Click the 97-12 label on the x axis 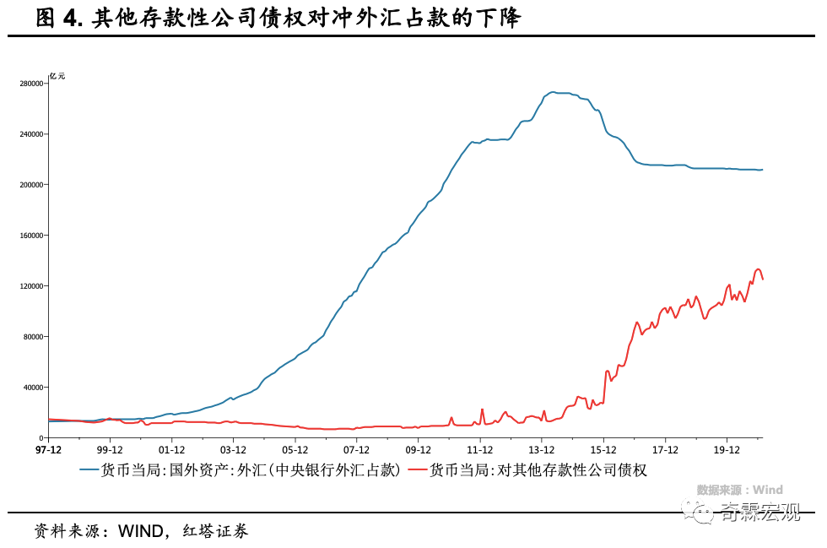[x=48, y=451]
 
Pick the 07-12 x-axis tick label [x=356, y=451]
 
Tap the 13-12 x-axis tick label [x=541, y=451]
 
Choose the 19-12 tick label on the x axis [x=727, y=451]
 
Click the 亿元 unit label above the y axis [x=57, y=76]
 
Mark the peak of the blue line [x=553, y=92]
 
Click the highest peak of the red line [x=757, y=269]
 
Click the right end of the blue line [x=762, y=170]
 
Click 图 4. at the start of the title [x=59, y=19]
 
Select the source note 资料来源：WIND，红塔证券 [x=141, y=531]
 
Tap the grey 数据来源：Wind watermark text [x=739, y=490]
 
